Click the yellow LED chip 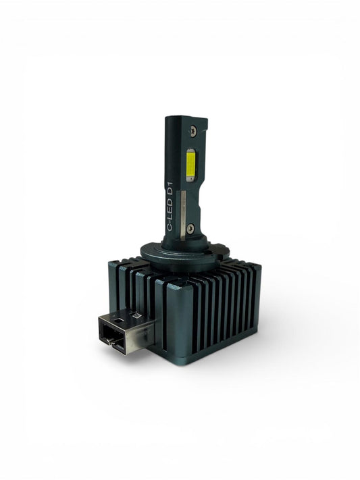click(x=191, y=165)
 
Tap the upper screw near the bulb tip click(x=194, y=130)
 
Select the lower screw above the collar click(x=190, y=227)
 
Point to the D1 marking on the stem click(x=170, y=190)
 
